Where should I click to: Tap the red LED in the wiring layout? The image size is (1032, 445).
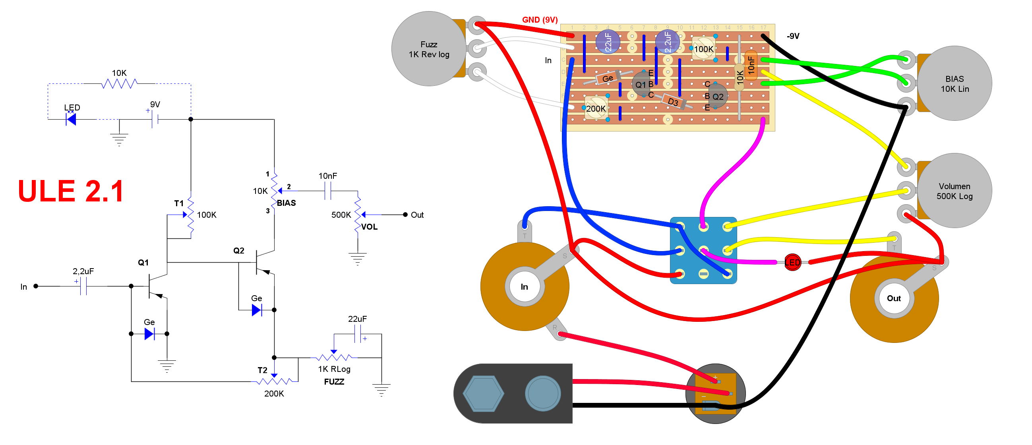coord(792,263)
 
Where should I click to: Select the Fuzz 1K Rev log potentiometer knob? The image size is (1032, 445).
coord(429,49)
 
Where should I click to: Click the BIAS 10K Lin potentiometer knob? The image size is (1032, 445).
coord(955,83)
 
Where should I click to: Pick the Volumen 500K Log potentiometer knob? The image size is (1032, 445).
coord(955,191)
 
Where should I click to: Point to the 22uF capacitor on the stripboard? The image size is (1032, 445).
coord(608,42)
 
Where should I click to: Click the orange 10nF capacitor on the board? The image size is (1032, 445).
coord(751,65)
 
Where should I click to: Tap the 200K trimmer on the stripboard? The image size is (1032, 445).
coord(596,108)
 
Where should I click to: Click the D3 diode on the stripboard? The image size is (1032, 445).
coord(674,101)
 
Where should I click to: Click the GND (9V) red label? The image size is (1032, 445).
coord(540,19)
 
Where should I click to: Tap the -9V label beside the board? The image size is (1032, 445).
coord(793,36)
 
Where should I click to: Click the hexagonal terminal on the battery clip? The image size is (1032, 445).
coord(483,393)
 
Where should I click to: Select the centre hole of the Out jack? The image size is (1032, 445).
coord(894,298)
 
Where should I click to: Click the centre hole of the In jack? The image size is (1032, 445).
coord(525,287)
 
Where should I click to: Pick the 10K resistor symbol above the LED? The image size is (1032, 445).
coord(119,84)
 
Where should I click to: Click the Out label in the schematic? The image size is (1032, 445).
coord(417,215)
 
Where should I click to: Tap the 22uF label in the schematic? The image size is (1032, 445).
coord(357,319)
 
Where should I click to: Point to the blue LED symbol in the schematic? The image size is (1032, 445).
coord(71,119)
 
